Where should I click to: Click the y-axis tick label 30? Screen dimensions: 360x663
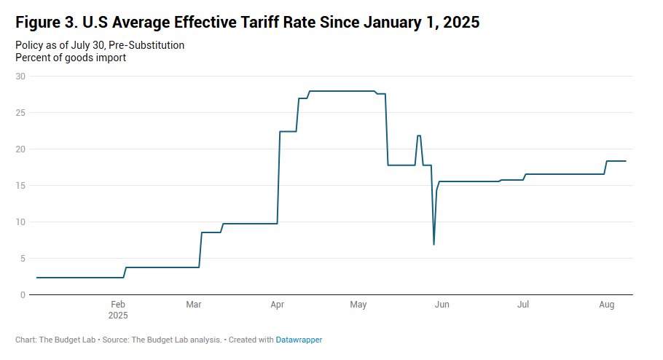(x=20, y=77)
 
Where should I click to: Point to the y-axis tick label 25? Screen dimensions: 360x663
(x=20, y=113)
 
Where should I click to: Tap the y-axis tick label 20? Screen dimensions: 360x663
(x=20, y=149)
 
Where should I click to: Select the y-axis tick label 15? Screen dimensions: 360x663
(x=20, y=186)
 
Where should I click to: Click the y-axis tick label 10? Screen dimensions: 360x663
(x=20, y=222)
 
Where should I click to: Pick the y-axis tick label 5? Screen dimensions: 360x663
(x=23, y=259)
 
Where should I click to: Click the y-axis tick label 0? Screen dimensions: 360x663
(x=23, y=295)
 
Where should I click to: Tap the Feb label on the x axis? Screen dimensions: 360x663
(x=118, y=305)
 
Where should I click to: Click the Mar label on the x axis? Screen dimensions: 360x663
(x=193, y=305)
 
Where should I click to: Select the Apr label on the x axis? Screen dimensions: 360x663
(x=277, y=305)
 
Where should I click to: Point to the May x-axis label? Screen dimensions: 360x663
(x=358, y=305)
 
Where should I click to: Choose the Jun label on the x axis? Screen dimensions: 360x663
(x=441, y=305)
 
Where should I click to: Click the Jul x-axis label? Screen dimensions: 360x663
(x=523, y=305)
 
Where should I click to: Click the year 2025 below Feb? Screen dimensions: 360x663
(x=118, y=316)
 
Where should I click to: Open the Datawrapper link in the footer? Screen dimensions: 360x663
(x=299, y=340)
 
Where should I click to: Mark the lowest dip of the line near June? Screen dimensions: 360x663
(x=434, y=243)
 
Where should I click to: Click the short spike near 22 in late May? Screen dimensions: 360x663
(x=419, y=136)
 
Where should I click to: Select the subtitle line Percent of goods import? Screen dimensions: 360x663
(x=71, y=58)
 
